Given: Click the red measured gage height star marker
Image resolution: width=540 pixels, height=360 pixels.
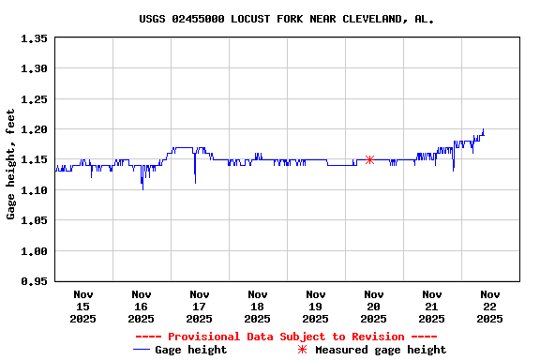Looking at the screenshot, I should pyautogui.click(x=370, y=159).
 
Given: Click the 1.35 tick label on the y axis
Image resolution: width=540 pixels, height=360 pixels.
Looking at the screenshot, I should pyautogui.click(x=34, y=38).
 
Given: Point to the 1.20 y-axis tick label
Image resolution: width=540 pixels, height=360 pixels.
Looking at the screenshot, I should pyautogui.click(x=34, y=129).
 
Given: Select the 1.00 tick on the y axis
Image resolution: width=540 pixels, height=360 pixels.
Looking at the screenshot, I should pyautogui.click(x=34, y=251).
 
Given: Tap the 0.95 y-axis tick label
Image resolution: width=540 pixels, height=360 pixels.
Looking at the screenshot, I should pyautogui.click(x=34, y=281).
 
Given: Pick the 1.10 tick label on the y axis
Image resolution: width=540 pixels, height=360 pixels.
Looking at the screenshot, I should pyautogui.click(x=34, y=190).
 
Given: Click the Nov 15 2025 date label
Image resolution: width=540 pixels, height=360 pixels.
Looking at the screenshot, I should pyautogui.click(x=82, y=306).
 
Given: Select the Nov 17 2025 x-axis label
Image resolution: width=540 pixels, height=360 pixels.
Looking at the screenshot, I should pyautogui.click(x=199, y=306).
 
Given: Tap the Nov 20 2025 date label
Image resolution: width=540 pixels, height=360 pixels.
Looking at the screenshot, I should pyautogui.click(x=373, y=306).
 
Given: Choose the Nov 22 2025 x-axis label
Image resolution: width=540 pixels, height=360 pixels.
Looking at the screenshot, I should pyautogui.click(x=489, y=306).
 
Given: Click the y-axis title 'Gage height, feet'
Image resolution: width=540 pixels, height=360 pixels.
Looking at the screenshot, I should pyautogui.click(x=11, y=164).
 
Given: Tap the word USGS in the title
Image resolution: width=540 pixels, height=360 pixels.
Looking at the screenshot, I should pyautogui.click(x=152, y=18).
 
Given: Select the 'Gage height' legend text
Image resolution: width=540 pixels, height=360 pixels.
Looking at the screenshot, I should pyautogui.click(x=190, y=350).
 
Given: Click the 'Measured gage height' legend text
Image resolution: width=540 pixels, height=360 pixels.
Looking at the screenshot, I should pyautogui.click(x=381, y=350).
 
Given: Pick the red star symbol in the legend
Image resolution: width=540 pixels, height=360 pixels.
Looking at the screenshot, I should pyautogui.click(x=302, y=350).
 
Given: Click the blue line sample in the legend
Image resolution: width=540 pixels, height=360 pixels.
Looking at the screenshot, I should pyautogui.click(x=142, y=350).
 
